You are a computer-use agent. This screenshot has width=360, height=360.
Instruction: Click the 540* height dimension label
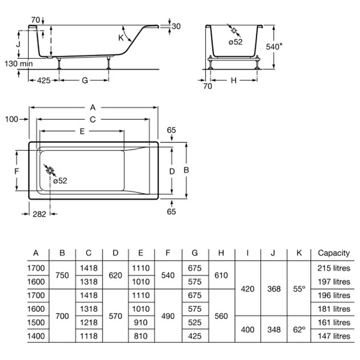[274, 46]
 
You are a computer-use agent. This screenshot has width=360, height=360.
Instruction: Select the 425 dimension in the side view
[44, 80]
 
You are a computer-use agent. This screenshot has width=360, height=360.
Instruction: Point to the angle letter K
[121, 37]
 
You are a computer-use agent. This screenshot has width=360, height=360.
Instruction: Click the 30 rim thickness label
[176, 26]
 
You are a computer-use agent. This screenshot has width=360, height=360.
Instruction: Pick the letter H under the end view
[234, 81]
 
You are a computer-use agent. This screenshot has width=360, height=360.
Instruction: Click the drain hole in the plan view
[50, 170]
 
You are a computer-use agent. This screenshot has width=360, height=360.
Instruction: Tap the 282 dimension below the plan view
[39, 214]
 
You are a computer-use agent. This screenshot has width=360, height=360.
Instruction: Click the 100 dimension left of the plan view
[12, 119]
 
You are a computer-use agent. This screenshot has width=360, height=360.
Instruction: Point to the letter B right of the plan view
[186, 170]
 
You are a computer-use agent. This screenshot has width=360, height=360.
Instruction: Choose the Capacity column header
[333, 253]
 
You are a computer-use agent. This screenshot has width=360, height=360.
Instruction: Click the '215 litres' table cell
[333, 268]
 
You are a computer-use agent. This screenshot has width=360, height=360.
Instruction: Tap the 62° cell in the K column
[299, 329]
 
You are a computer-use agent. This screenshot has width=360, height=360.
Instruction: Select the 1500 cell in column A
[36, 323]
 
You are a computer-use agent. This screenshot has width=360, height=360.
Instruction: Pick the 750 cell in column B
[62, 275]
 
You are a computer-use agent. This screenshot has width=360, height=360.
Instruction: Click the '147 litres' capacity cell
[333, 336]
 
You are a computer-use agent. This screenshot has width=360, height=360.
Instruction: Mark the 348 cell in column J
[274, 329]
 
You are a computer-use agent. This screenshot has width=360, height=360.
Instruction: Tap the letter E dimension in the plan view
[82, 131]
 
